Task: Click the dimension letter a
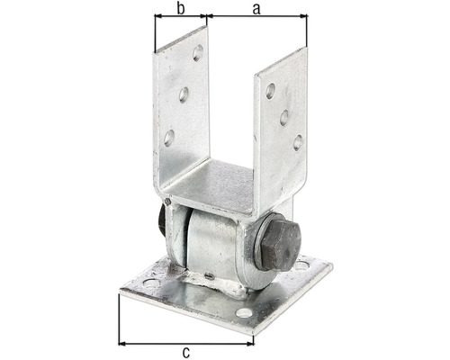pos(256,8)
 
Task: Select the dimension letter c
pos(185,352)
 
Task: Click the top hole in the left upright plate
pos(197,53)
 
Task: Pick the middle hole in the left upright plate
pos(183,94)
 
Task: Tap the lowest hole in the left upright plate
pos(168,137)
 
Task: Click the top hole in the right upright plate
pos(270,90)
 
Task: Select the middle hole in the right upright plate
pos(283,116)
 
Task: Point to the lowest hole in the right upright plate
pos(297,141)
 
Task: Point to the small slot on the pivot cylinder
pos(206,276)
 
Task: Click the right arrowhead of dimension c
pos(253,342)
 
